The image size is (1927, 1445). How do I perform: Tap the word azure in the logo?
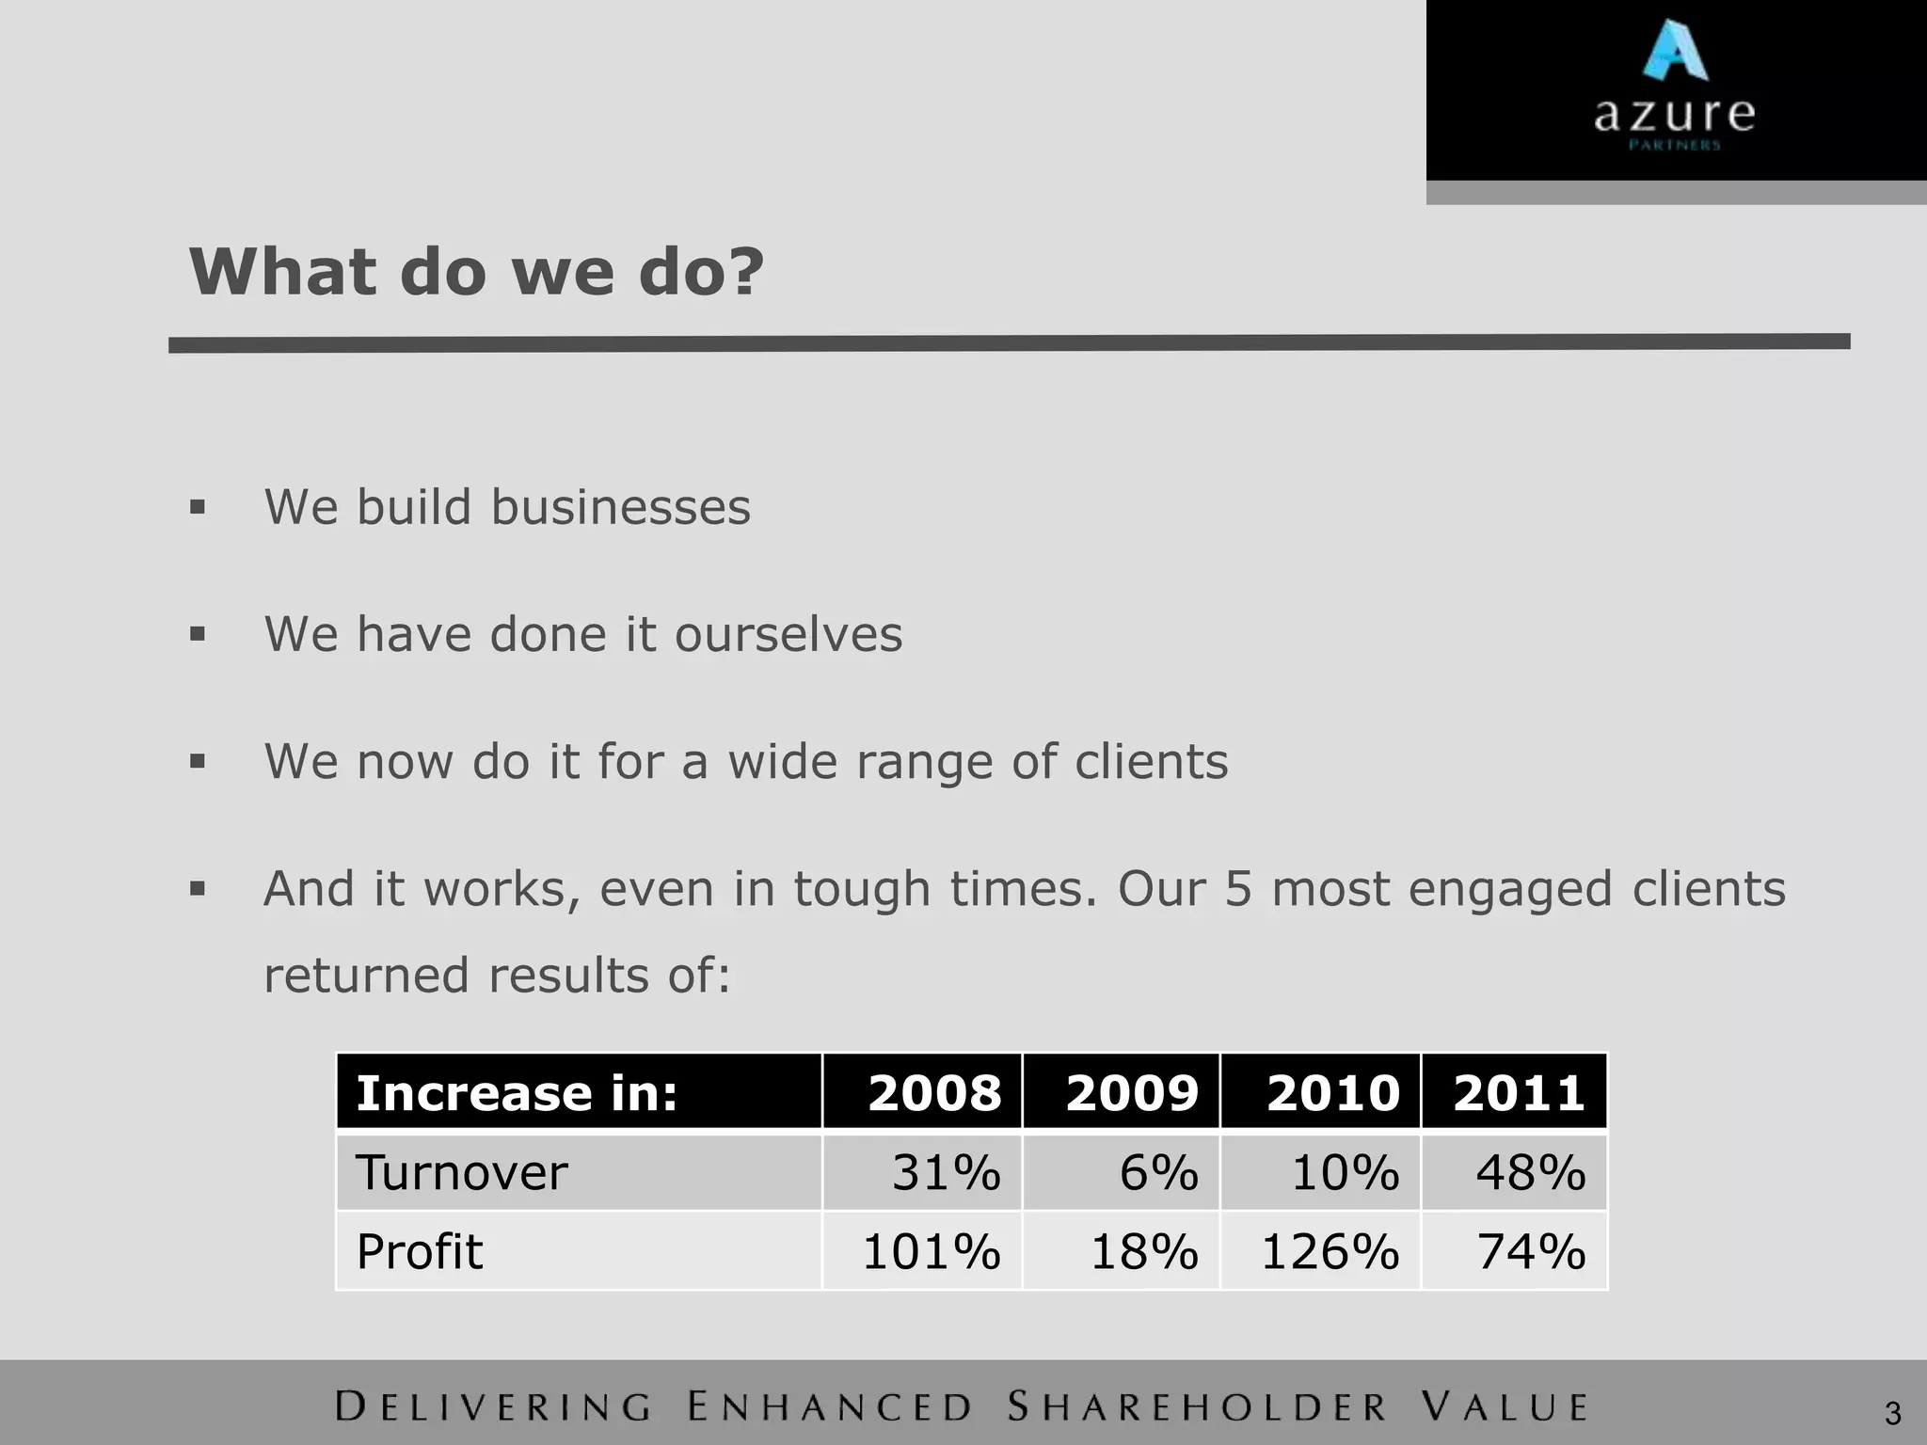tap(1674, 115)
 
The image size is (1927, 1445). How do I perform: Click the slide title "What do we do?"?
tap(477, 272)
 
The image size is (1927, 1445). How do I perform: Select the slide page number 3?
tap(1892, 1413)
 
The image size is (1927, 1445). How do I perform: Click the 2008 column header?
tap(934, 1092)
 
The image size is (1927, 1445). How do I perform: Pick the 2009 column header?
tap(1132, 1092)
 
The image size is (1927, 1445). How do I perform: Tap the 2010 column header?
tap(1332, 1092)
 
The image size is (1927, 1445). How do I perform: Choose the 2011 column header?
tap(1519, 1092)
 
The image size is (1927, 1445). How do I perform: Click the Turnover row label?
tap(461, 1173)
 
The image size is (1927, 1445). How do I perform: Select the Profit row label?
tap(420, 1252)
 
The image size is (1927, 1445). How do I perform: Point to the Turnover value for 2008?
tap(946, 1173)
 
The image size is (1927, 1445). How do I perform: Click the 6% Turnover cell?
tap(1158, 1173)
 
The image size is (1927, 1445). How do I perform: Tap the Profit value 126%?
tap(1330, 1252)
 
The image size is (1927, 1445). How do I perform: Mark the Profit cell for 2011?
tap(1531, 1252)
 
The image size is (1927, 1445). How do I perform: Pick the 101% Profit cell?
tap(931, 1252)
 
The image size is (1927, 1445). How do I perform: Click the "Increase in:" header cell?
tap(517, 1092)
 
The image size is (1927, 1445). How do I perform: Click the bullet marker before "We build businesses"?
tap(197, 508)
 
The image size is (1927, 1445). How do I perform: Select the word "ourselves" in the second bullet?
tap(788, 633)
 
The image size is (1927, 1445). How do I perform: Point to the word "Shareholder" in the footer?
tap(1197, 1407)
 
